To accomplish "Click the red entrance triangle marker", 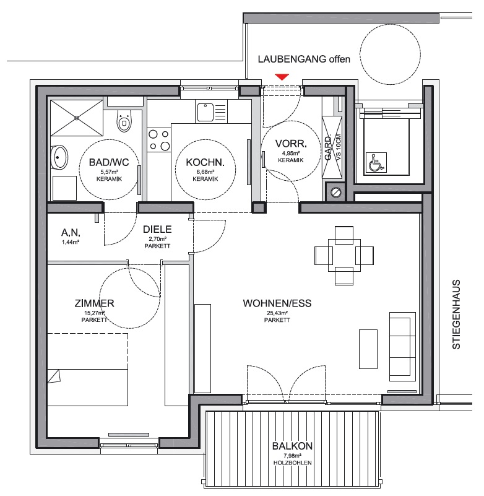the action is [x=282, y=77].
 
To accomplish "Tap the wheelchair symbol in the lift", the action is [x=376, y=163].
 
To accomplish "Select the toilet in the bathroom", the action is [x=124, y=121].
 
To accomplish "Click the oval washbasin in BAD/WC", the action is [x=59, y=157].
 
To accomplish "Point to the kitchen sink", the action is [x=205, y=112].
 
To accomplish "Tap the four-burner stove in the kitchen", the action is [x=159, y=140].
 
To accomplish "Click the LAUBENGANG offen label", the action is [x=304, y=59].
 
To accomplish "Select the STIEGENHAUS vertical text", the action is [x=456, y=315].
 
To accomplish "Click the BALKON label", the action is [x=292, y=446].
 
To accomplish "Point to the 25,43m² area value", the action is [x=277, y=313].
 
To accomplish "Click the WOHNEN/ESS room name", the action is [x=277, y=303].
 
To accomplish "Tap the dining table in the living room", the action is [x=344, y=256].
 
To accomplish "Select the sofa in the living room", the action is [x=403, y=346].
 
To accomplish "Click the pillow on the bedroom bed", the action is [x=54, y=376].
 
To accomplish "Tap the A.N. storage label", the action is [x=71, y=233].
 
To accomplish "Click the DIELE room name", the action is [x=157, y=229].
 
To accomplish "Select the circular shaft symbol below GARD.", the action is [x=335, y=192].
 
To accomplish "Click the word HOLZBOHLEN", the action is [x=292, y=463].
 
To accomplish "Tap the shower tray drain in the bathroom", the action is [x=77, y=118].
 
